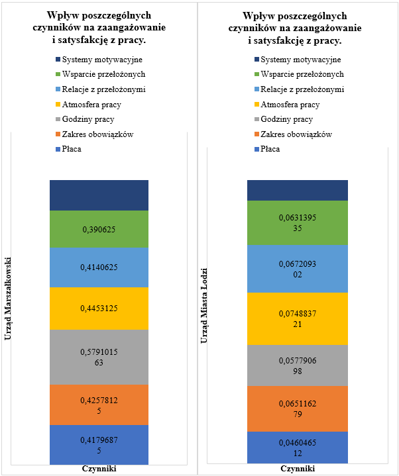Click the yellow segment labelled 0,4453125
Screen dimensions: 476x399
tap(99, 308)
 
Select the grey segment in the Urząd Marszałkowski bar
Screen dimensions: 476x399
tap(99, 357)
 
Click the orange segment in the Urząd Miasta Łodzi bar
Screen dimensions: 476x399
tap(297, 408)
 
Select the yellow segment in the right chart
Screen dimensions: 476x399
tap(297, 318)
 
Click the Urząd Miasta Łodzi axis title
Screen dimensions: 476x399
tap(207, 306)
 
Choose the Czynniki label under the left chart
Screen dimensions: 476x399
tap(99, 468)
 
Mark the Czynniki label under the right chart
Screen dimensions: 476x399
tap(297, 468)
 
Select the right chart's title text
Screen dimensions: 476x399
tap(297, 28)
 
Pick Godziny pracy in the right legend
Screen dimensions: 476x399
tap(286, 119)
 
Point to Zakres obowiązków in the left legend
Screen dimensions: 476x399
tap(97, 134)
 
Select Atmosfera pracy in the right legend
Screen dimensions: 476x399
tap(290, 105)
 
